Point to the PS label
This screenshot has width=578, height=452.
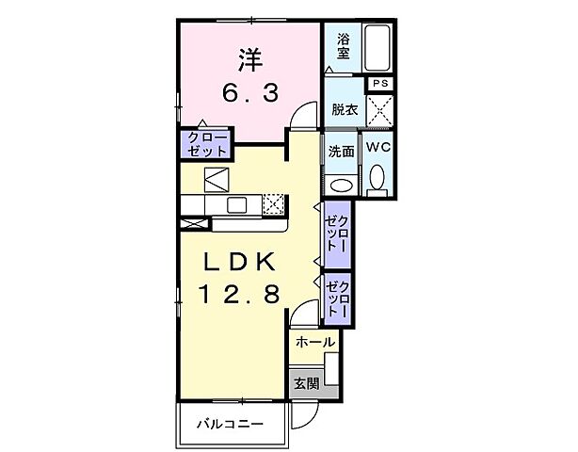(x=380, y=84)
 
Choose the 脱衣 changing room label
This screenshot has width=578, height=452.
(x=344, y=109)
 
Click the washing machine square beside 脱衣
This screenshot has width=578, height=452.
(x=380, y=113)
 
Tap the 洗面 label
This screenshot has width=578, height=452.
(x=341, y=150)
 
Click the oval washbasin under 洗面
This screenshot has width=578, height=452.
(x=340, y=183)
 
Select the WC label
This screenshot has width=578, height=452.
(x=378, y=148)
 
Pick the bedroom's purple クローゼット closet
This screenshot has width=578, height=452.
(x=207, y=144)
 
